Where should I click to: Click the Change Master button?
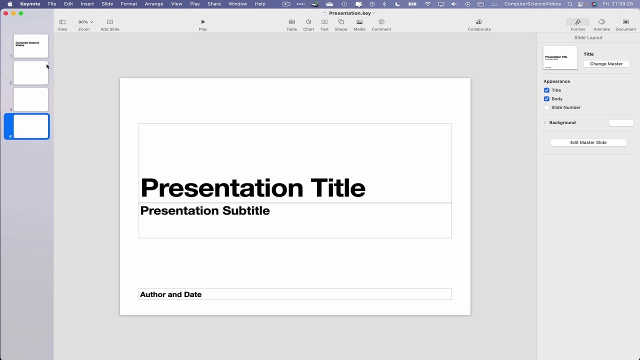(x=606, y=64)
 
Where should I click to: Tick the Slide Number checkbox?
(x=546, y=107)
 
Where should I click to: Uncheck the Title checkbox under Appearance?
(x=546, y=90)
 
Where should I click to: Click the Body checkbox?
(x=546, y=99)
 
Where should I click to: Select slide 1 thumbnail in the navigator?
(x=30, y=46)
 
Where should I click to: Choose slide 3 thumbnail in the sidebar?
(x=30, y=99)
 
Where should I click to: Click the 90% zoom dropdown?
(x=85, y=22)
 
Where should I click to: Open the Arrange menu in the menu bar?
(x=154, y=4)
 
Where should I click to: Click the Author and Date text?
(x=170, y=294)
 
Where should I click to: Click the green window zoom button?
(x=21, y=13)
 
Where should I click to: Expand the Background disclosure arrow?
(x=545, y=122)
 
